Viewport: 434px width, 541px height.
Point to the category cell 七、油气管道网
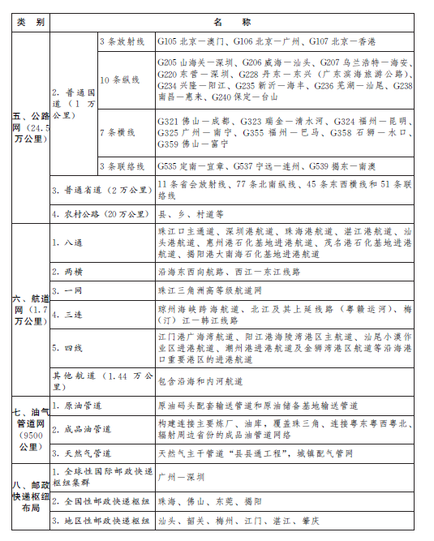[x=29, y=429]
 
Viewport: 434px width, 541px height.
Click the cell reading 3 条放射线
[x=124, y=40]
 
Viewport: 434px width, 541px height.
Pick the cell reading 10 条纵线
[x=119, y=79]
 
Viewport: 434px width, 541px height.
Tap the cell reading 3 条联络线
[x=124, y=166]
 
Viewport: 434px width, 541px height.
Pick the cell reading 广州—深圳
[x=181, y=477]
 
